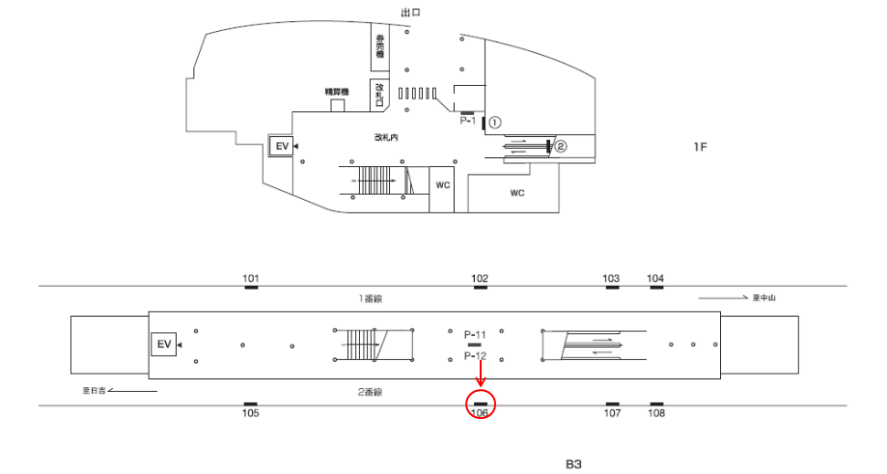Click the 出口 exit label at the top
(x=410, y=12)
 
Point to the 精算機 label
(x=337, y=92)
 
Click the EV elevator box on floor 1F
(x=282, y=146)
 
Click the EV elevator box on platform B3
(x=163, y=345)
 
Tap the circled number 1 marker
(x=494, y=123)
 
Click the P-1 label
(x=468, y=122)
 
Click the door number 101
(x=251, y=279)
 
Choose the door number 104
(x=655, y=279)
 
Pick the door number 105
(x=251, y=414)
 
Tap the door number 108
(x=656, y=414)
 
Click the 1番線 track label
(x=372, y=299)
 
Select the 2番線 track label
(x=372, y=392)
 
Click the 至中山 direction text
(x=764, y=298)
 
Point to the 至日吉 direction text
(x=93, y=391)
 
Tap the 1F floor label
(x=700, y=147)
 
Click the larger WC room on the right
(x=516, y=193)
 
